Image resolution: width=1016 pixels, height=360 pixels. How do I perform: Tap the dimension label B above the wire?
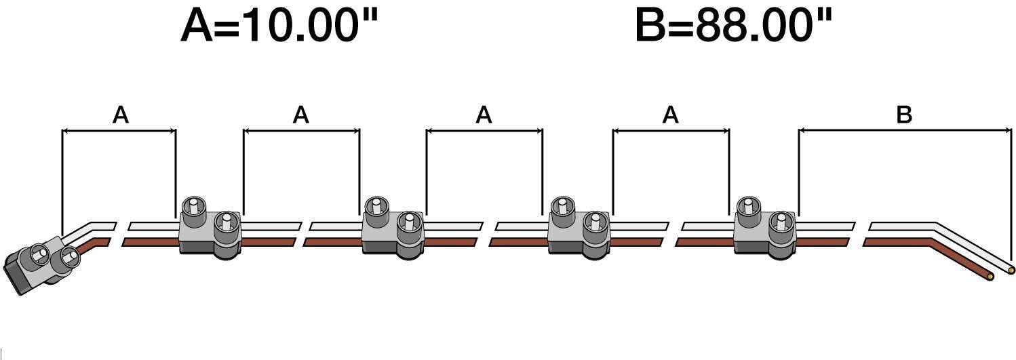coord(904,115)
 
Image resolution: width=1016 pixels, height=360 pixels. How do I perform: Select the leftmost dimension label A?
coord(120,116)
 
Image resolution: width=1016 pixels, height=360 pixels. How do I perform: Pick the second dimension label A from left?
coord(301,116)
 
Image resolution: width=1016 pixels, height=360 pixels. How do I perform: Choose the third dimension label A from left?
coord(484,116)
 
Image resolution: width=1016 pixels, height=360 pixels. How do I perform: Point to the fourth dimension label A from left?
coord(670,116)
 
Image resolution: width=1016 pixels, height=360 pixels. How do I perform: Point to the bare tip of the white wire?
coord(1011,270)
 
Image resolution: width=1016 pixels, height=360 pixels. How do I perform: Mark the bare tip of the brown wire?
coord(992,277)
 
